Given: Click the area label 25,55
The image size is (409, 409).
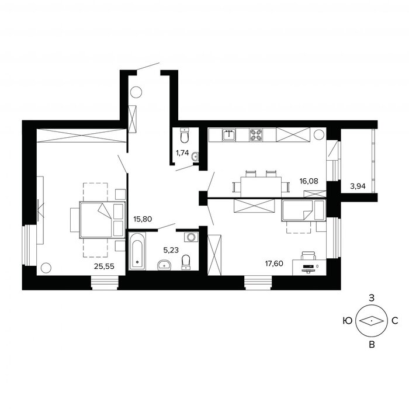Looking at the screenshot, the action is pyautogui.click(x=104, y=266).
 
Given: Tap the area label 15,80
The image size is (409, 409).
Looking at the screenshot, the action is pyautogui.click(x=143, y=219).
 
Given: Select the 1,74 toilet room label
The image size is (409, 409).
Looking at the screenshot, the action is pyautogui.click(x=182, y=153).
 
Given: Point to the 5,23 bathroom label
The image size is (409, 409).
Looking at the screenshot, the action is pyautogui.click(x=171, y=250).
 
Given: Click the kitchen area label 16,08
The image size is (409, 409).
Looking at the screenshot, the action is pyautogui.click(x=309, y=181).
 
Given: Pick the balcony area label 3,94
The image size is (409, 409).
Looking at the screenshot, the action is pyautogui.click(x=358, y=186).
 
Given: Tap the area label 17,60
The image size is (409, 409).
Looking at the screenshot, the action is pyautogui.click(x=274, y=264).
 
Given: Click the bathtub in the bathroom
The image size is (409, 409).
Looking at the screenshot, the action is pyautogui.click(x=137, y=251).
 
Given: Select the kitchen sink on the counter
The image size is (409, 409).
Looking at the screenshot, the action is pyautogui.click(x=229, y=134).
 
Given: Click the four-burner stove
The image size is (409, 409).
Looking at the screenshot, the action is pyautogui.click(x=256, y=135).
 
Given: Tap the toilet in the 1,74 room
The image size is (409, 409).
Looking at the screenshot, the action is pyautogui.click(x=185, y=136).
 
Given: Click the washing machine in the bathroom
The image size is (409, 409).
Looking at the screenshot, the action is pyautogui.click(x=191, y=237).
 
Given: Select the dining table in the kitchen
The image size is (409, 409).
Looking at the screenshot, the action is pyautogui.click(x=261, y=187).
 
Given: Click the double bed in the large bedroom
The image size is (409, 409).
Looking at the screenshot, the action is pyautogui.click(x=102, y=220).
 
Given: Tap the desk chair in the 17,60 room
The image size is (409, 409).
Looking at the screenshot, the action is pyautogui.click(x=308, y=255).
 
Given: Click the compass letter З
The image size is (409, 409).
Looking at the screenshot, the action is pyautogui.click(x=371, y=297).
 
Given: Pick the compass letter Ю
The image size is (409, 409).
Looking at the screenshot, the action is pyautogui.click(x=348, y=321).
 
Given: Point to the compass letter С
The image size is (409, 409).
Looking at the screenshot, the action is pyautogui.click(x=395, y=321).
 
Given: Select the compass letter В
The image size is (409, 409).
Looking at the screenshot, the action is pyautogui.click(x=372, y=345).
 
